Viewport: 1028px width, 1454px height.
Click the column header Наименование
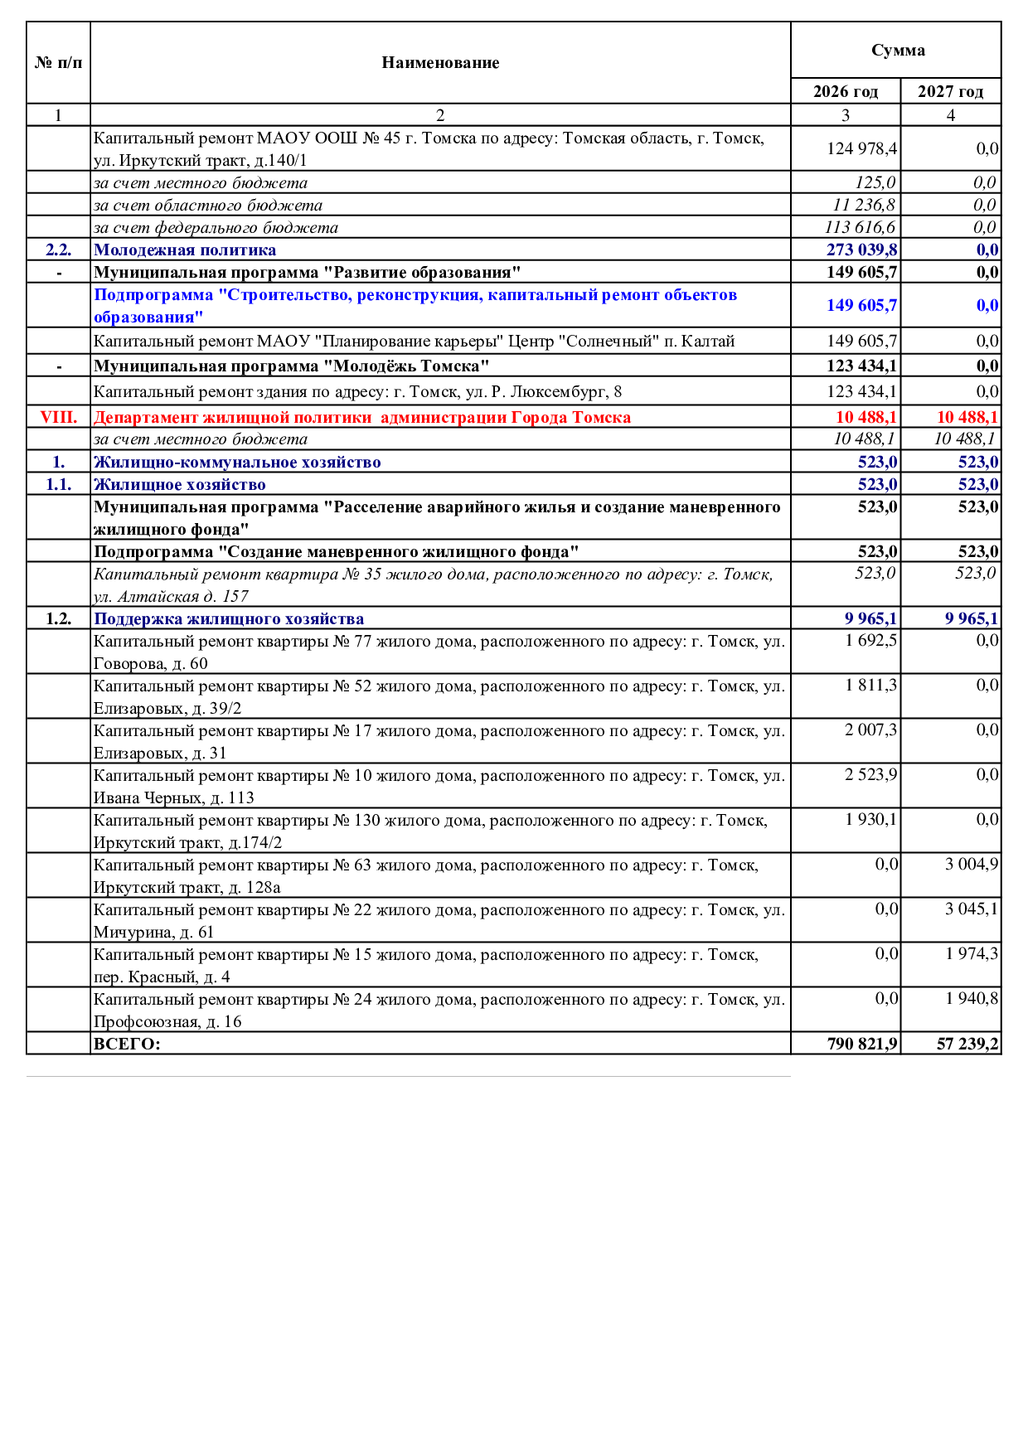(440, 63)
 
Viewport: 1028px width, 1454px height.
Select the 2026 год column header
(845, 91)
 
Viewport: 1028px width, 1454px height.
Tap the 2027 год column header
(950, 91)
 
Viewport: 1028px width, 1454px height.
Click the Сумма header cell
(898, 51)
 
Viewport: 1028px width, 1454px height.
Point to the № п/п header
(58, 63)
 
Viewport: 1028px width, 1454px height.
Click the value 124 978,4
(861, 149)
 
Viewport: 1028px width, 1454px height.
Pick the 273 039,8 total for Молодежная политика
(861, 250)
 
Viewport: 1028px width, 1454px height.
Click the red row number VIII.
(58, 417)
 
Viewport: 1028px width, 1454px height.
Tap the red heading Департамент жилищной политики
(361, 417)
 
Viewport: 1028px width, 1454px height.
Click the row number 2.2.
(58, 250)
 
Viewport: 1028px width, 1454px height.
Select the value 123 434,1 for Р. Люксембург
(861, 391)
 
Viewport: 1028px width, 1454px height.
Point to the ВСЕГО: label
(127, 1044)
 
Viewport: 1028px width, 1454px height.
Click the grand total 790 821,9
(862, 1044)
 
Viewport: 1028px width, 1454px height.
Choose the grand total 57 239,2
(967, 1044)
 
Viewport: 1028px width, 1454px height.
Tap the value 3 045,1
(972, 909)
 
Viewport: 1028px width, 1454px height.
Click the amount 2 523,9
(870, 775)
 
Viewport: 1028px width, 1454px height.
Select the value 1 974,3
(972, 954)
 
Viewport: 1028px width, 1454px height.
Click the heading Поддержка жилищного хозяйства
(229, 618)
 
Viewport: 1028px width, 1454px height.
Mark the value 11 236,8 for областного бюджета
(864, 205)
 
